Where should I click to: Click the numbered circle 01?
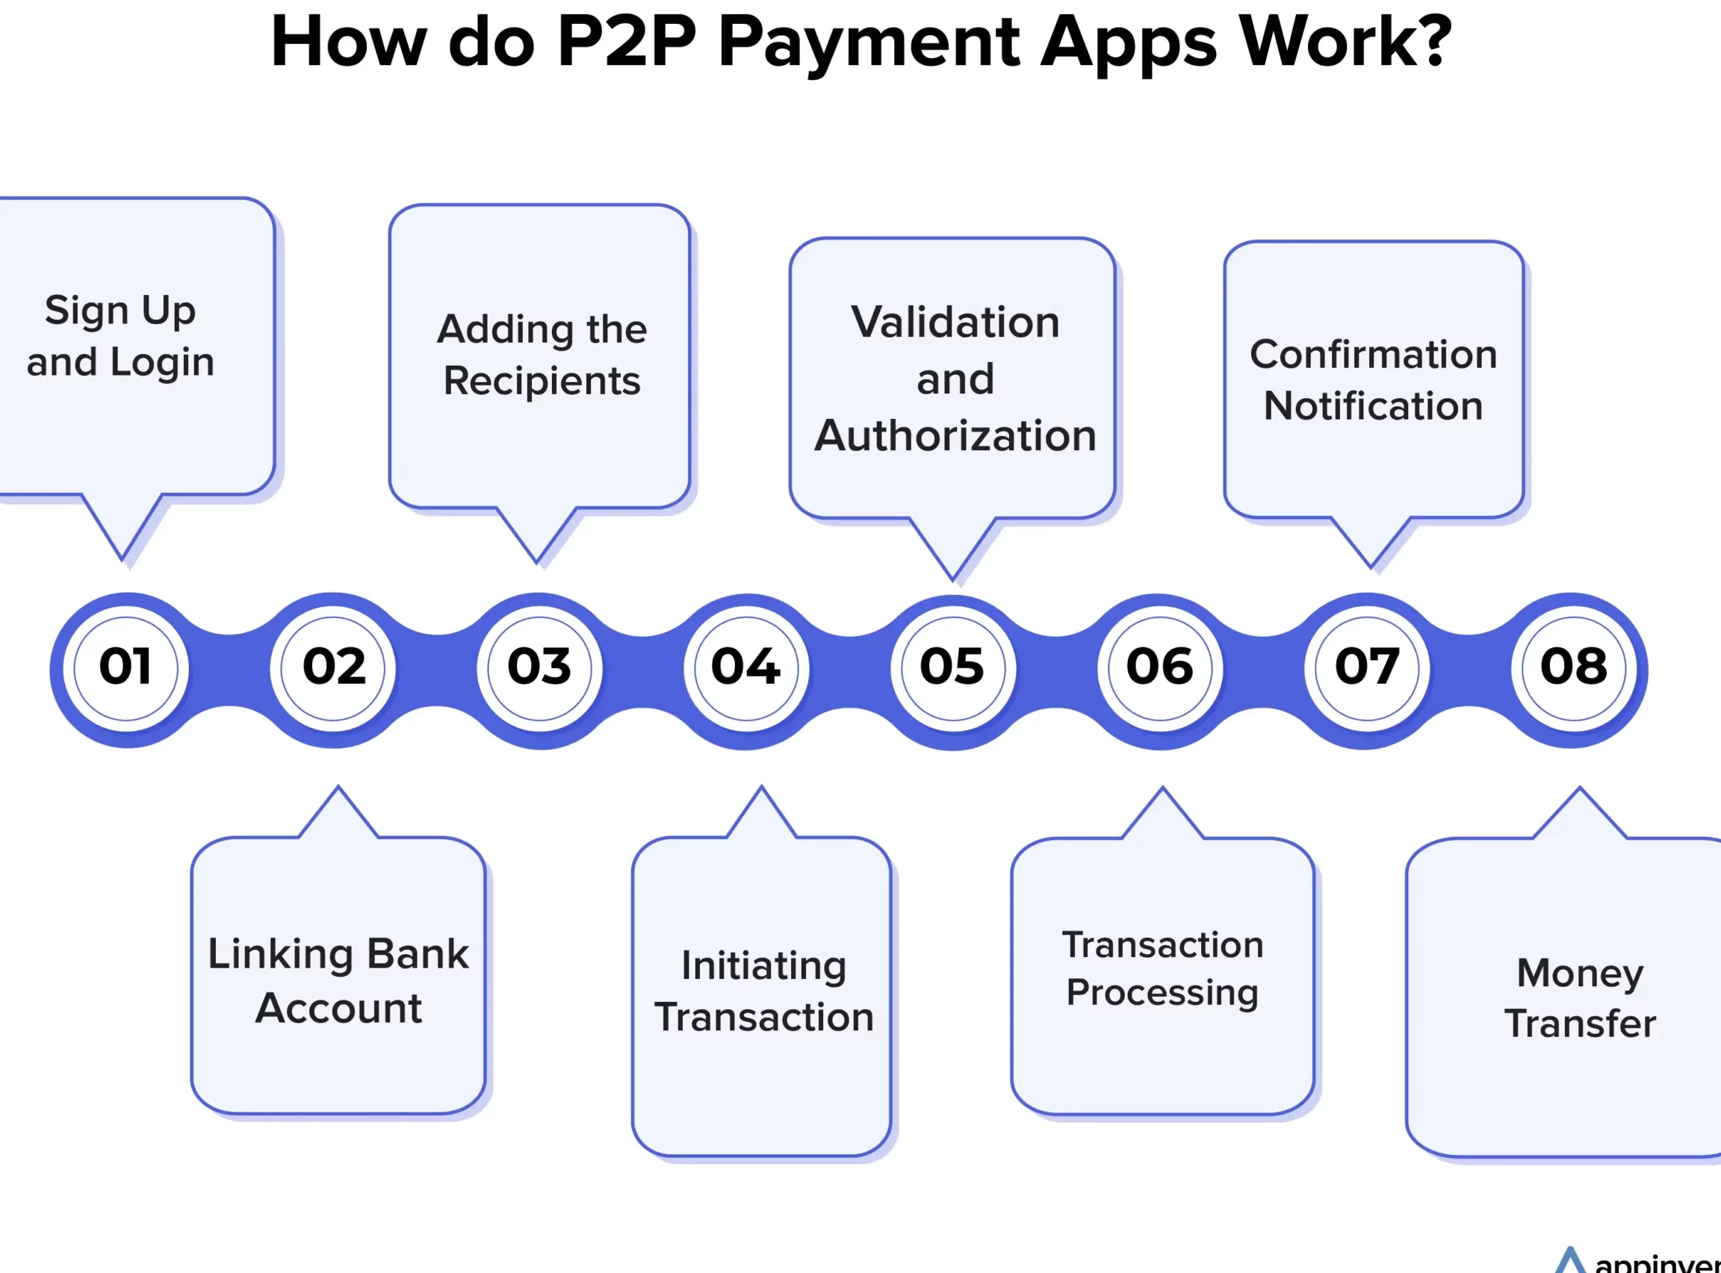[125, 669]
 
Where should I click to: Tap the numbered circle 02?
[333, 669]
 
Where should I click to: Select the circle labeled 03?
[539, 669]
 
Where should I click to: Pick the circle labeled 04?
[746, 669]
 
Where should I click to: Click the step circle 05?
[953, 669]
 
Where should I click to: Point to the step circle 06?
[1160, 669]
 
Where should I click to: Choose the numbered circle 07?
[1366, 669]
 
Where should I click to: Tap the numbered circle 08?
[1574, 669]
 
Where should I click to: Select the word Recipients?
[542, 382]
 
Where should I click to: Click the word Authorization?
[955, 436]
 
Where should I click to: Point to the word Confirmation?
[1374, 355]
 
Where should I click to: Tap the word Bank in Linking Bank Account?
[417, 954]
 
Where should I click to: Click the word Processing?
[1162, 993]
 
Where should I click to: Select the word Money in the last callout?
[1580, 974]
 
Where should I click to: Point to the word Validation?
[955, 322]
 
